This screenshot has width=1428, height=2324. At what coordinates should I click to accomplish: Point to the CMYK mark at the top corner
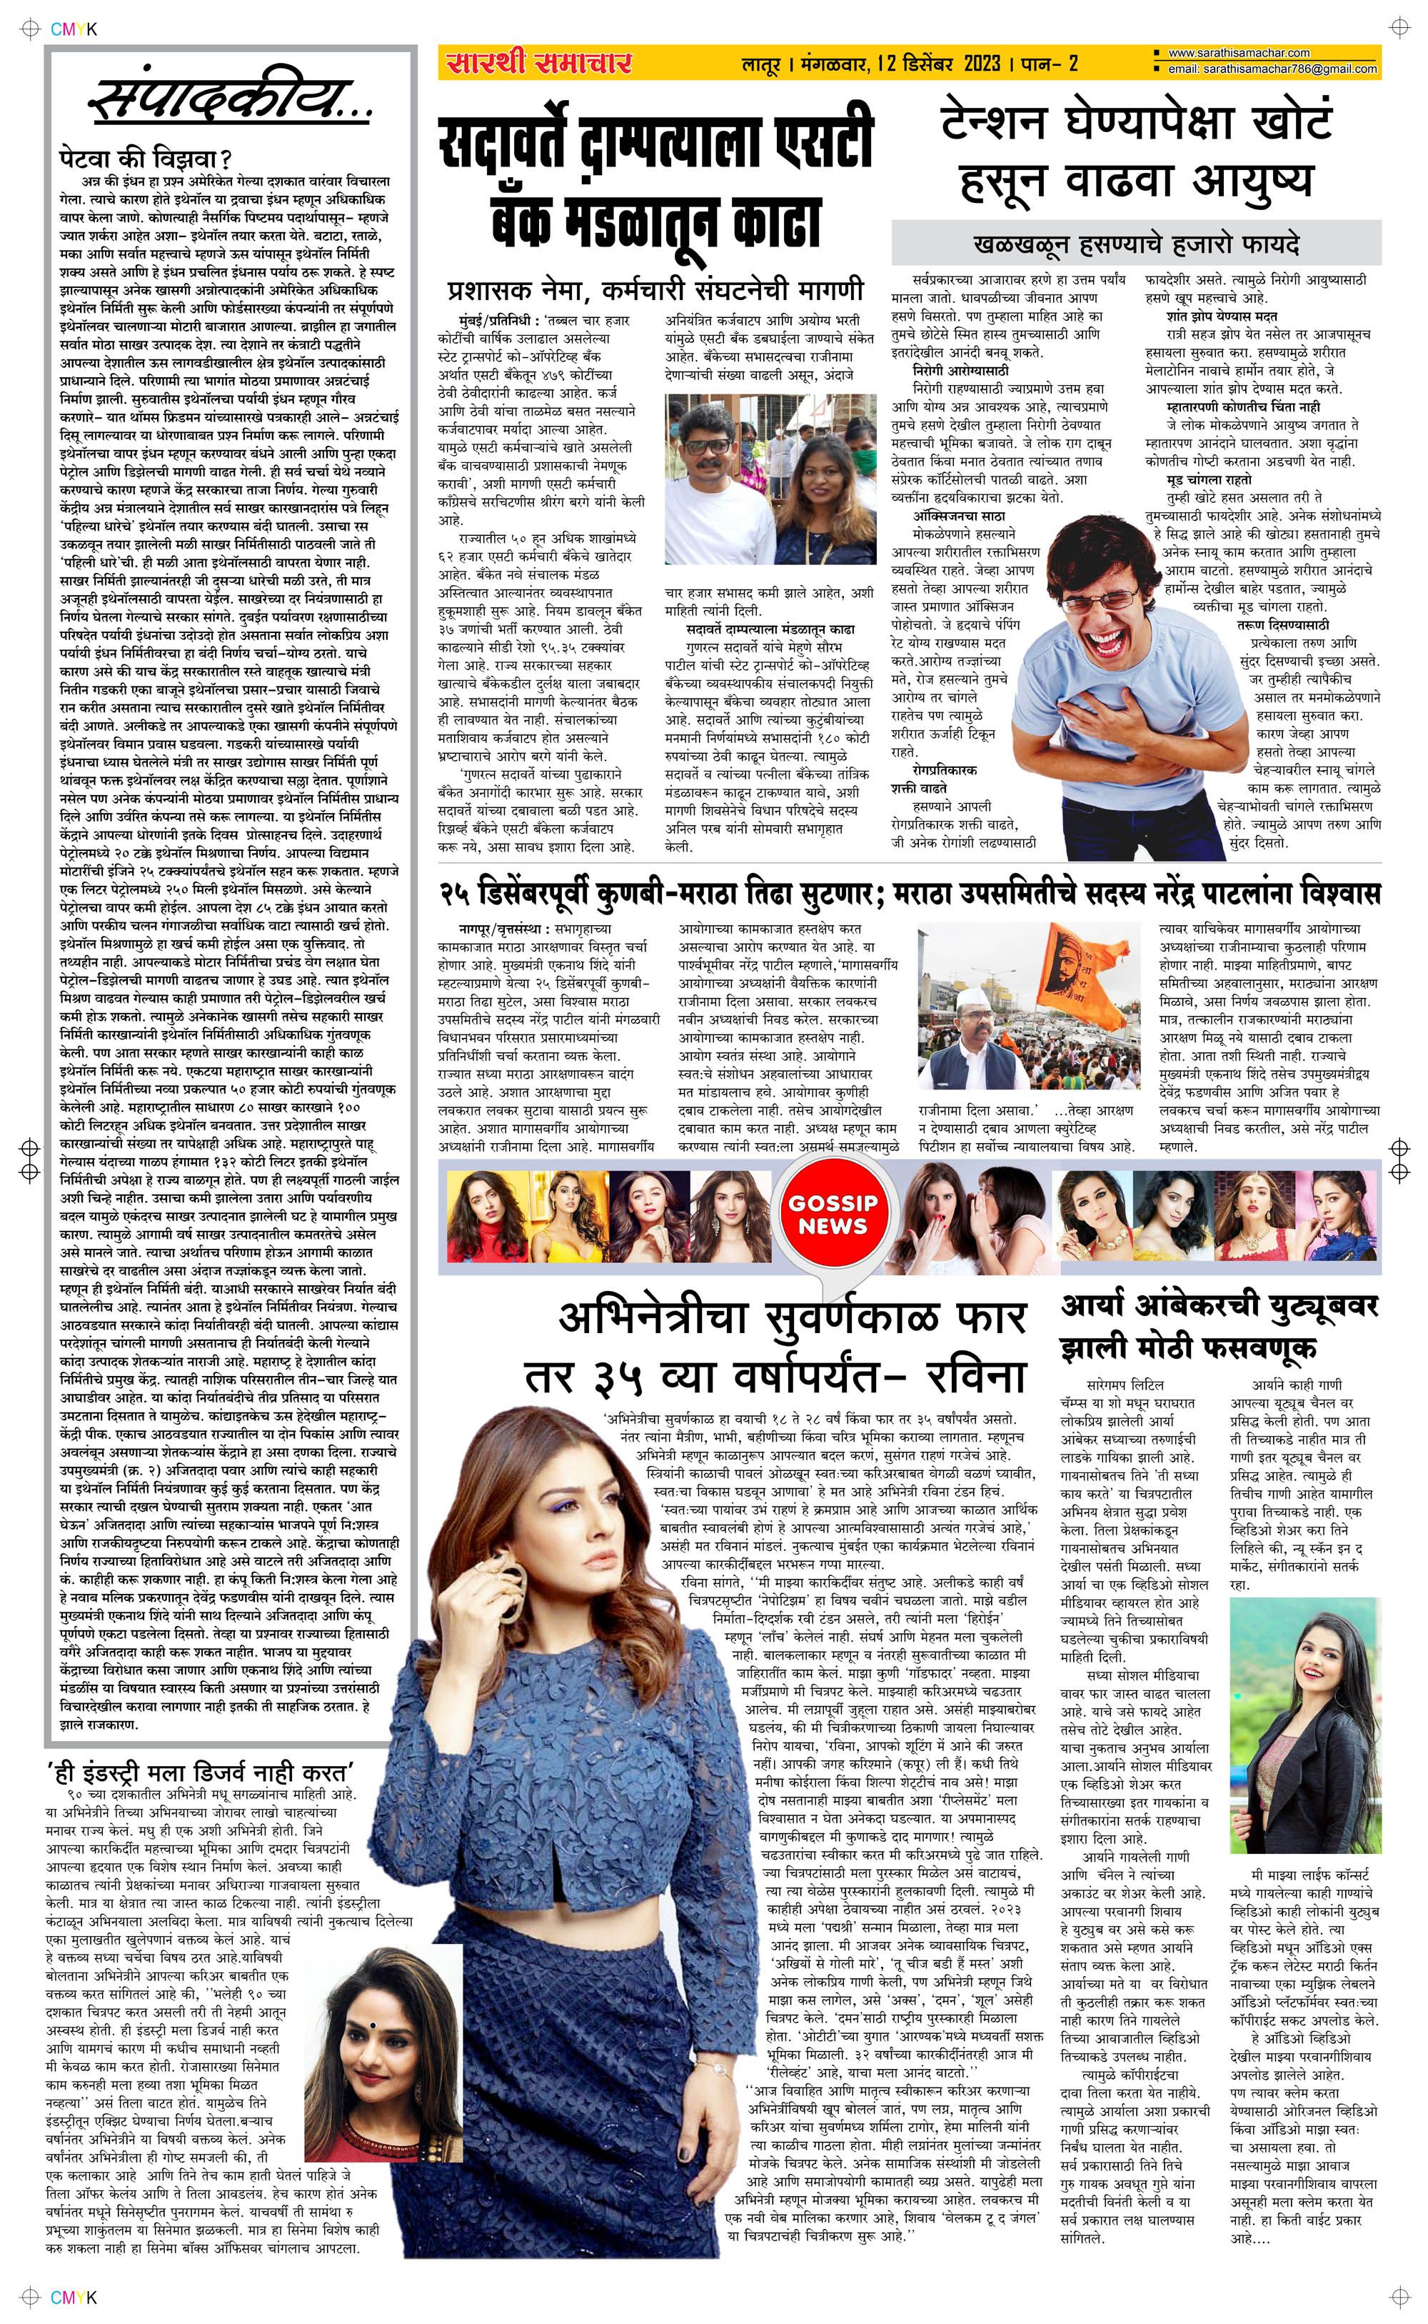(x=74, y=29)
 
